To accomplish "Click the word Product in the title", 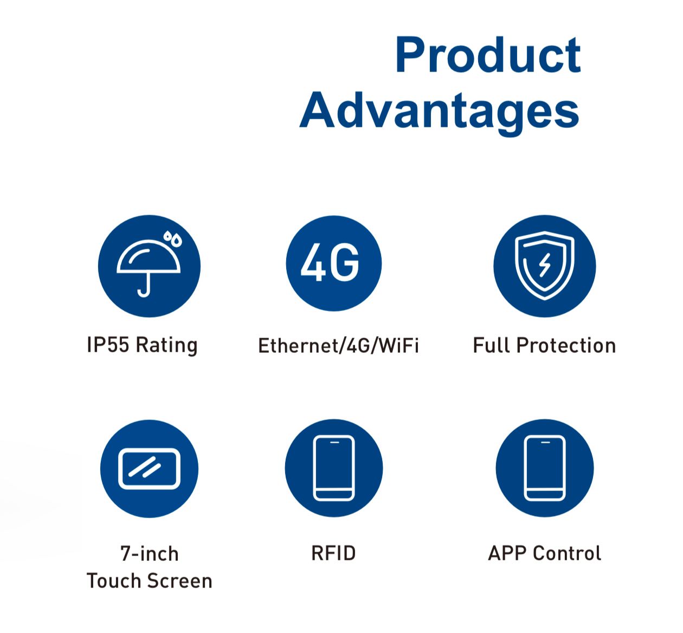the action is click(488, 55).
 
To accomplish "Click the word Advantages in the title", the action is click(440, 112).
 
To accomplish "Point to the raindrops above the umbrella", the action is click(172, 238).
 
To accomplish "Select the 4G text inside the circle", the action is click(330, 262).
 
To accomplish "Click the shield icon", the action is click(544, 265).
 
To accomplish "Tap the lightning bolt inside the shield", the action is click(544, 265).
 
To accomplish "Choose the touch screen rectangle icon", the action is click(149, 469).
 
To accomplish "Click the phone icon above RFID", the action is click(333, 468).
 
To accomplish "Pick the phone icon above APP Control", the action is click(544, 468).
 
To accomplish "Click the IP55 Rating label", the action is click(143, 345).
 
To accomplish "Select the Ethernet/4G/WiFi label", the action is click(338, 346).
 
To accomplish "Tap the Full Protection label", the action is click(544, 345).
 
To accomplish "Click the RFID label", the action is click(333, 553).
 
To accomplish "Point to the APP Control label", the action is click(544, 553).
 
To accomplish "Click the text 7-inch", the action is click(150, 553).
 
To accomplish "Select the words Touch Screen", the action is click(149, 581).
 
